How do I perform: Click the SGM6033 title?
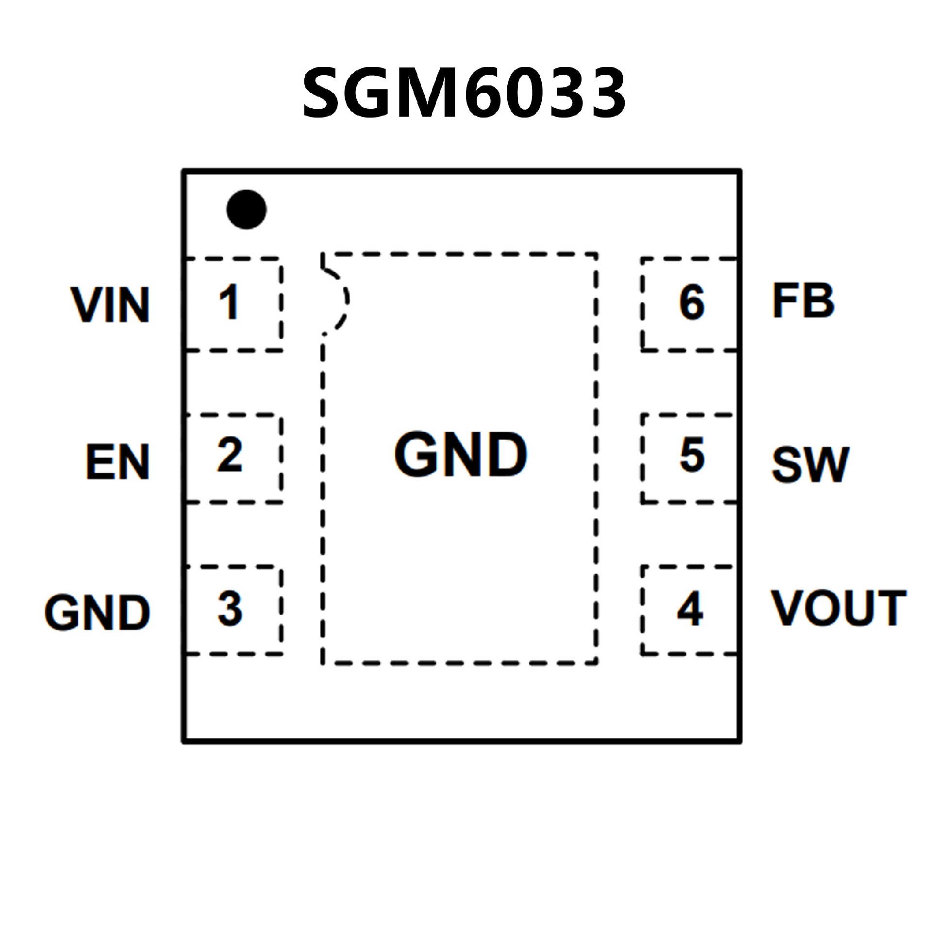(x=464, y=92)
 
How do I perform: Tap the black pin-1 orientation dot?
(x=247, y=209)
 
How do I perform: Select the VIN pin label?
(x=111, y=304)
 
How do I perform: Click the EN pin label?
(x=118, y=462)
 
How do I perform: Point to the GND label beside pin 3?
(x=98, y=612)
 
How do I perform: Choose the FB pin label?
(x=803, y=301)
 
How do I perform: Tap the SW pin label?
(x=810, y=464)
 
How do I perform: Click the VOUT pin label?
(x=839, y=608)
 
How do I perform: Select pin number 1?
(x=229, y=302)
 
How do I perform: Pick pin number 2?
(x=230, y=455)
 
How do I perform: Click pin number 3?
(x=230, y=608)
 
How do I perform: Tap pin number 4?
(x=690, y=608)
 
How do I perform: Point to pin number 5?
(x=692, y=455)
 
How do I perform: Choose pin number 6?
(x=692, y=302)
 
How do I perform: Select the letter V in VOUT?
(x=787, y=608)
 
